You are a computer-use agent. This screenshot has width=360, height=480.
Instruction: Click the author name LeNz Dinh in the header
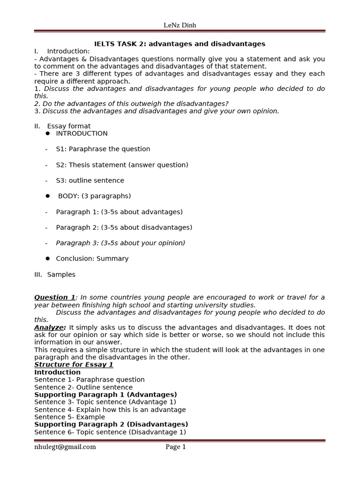click(180, 25)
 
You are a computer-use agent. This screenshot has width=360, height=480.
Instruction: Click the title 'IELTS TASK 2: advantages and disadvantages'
click(180, 44)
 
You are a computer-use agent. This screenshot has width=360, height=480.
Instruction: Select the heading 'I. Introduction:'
click(62, 51)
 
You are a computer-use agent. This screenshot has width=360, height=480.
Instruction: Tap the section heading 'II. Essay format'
click(62, 126)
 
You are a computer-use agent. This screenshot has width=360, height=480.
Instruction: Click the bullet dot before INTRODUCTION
click(48, 134)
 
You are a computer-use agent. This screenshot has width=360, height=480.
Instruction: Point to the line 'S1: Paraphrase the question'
click(103, 149)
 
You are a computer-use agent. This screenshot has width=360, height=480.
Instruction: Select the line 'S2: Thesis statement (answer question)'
click(122, 165)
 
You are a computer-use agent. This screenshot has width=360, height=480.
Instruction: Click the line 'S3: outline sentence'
click(90, 180)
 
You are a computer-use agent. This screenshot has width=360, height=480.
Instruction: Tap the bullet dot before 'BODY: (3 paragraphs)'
click(48, 196)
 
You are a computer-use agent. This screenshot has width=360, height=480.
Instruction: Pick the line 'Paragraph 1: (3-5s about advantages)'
click(119, 212)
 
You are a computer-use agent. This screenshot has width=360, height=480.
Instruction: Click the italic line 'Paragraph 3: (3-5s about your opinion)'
click(120, 243)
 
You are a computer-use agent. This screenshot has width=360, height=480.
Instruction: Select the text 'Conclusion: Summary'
click(92, 259)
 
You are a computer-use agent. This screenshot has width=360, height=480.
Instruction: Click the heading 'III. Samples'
click(55, 275)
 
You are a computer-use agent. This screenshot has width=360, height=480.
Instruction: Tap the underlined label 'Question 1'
click(55, 297)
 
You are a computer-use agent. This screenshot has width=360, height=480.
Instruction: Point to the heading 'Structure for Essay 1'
click(74, 365)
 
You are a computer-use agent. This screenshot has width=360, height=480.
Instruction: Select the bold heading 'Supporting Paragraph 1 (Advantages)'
click(105, 395)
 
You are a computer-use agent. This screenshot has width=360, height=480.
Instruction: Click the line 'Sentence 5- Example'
click(69, 417)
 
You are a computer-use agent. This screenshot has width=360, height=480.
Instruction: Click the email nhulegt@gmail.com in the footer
click(65, 447)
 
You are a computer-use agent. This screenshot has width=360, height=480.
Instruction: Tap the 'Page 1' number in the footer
click(176, 447)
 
